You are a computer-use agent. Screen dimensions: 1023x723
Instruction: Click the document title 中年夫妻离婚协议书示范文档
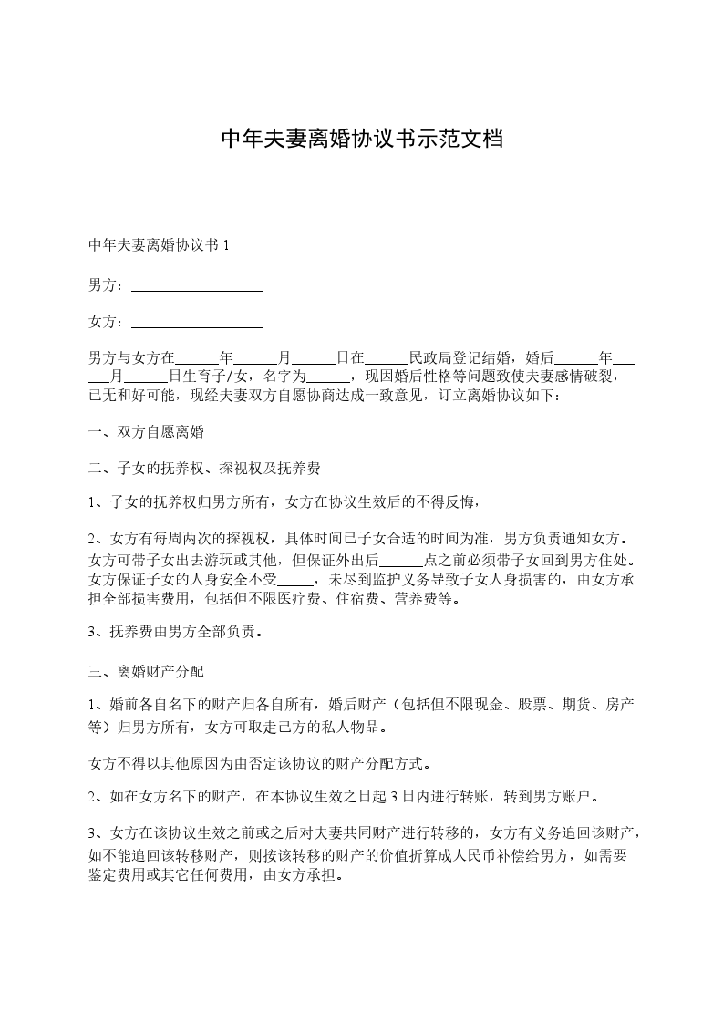(x=362, y=139)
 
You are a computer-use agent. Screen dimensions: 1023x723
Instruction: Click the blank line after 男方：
(x=197, y=286)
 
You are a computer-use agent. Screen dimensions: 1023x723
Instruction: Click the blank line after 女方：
(x=197, y=322)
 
